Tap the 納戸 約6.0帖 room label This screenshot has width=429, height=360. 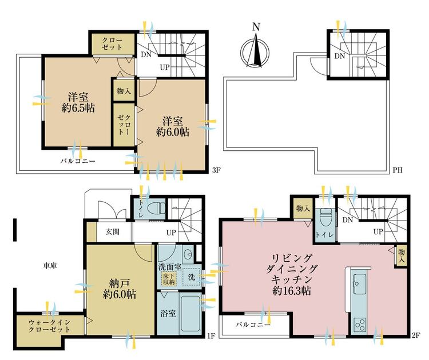pos(120,289)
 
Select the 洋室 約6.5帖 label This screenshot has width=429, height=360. pos(78,103)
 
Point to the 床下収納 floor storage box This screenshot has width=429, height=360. pos(169,279)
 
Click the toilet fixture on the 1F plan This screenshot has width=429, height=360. pos(157,209)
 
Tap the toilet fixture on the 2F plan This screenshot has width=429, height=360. pos(325,217)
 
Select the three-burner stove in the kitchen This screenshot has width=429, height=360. pos(359,325)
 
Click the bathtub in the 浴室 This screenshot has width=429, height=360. pos(190,314)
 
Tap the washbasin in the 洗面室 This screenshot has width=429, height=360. pos(188,254)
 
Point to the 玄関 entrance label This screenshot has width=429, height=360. pos(113,232)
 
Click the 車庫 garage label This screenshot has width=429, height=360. pos(50,265)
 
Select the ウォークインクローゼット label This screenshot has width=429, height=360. pos(50,326)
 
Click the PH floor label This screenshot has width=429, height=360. pos(398,170)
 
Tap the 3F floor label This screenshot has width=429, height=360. pos(216,170)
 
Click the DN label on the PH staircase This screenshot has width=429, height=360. pos(340,56)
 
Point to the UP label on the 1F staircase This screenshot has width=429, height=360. pos(171,233)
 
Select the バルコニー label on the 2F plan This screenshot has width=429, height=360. pos(253,325)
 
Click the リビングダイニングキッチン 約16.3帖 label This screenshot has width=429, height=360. pos(292,274)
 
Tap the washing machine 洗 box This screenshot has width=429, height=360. pos(192,277)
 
